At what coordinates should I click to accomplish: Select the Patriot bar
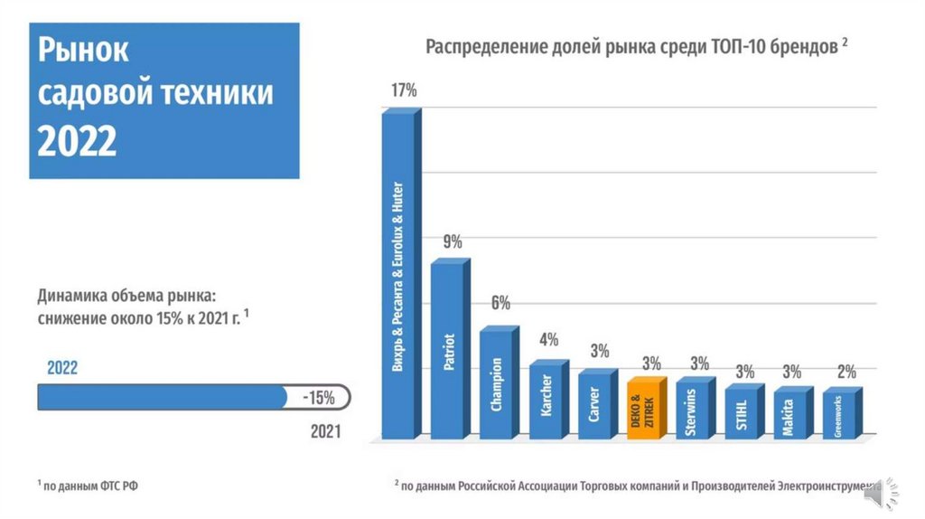click(x=449, y=349)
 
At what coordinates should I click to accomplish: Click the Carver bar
click(x=595, y=405)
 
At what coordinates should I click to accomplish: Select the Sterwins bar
click(x=694, y=409)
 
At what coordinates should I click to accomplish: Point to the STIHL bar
click(x=743, y=412)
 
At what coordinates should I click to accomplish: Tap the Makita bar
click(x=791, y=414)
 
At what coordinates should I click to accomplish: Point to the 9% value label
click(x=453, y=241)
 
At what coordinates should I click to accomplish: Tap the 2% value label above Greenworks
click(x=846, y=371)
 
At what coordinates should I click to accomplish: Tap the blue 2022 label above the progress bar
click(x=62, y=368)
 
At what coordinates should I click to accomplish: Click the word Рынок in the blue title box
click(x=84, y=51)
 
